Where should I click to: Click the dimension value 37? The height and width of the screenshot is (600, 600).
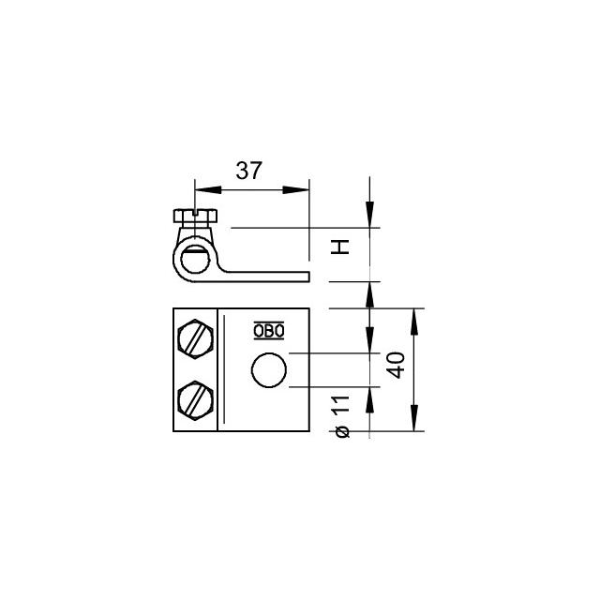pos(248,171)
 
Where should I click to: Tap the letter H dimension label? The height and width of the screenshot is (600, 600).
pos(342,247)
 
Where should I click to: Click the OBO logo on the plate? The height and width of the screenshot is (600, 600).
pos(268,330)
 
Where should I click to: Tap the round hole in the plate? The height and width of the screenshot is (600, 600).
pos(269,370)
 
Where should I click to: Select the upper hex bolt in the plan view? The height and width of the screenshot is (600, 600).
pos(196,338)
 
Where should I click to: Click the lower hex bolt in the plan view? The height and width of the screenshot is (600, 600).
pos(196,400)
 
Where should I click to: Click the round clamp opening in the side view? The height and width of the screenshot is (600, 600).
pos(195,256)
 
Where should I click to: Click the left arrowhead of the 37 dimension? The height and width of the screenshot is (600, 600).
pos(202,190)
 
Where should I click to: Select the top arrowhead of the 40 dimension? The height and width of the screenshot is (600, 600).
pos(414,317)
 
